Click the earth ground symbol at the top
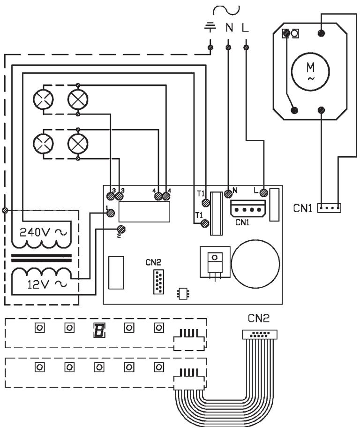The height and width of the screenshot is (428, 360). [x=210, y=27]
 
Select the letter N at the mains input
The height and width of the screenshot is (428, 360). [x=229, y=28]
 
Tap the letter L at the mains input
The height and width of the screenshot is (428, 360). [x=246, y=28]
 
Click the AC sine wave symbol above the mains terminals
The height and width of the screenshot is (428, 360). [x=226, y=9]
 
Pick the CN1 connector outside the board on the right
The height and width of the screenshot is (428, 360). [x=330, y=207]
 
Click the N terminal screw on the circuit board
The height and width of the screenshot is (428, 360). [x=229, y=192]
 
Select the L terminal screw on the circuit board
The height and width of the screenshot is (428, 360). [x=263, y=192]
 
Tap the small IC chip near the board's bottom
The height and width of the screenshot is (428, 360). [x=181, y=293]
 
